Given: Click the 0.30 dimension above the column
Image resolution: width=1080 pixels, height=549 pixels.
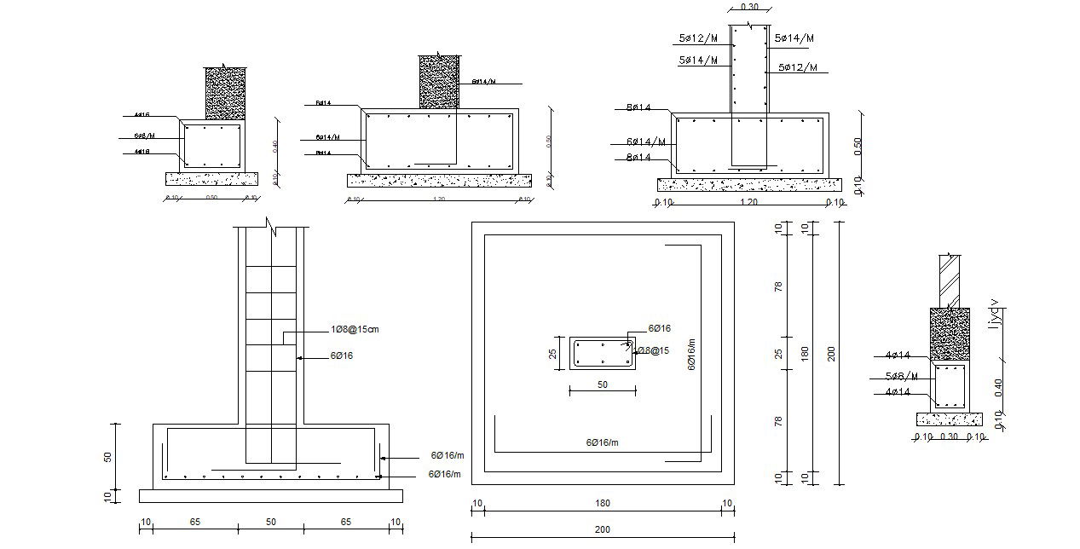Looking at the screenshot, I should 749,7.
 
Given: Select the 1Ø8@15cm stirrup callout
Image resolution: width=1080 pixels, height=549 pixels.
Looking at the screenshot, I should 355,329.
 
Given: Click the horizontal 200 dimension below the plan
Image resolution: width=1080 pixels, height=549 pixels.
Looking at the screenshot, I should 603,529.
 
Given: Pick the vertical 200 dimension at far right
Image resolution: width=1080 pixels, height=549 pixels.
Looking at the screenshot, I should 832,353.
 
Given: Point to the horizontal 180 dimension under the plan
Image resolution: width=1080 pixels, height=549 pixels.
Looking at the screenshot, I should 603,503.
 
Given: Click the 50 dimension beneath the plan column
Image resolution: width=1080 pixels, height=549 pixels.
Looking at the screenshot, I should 602,384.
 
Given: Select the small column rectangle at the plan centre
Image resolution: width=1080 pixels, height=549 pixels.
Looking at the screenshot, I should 602,354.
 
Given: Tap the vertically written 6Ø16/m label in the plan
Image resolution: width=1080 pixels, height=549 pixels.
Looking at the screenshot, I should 691,352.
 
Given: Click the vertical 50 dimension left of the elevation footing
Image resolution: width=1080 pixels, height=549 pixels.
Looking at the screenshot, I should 107,457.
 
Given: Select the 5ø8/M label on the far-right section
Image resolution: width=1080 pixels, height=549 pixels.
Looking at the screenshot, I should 902,376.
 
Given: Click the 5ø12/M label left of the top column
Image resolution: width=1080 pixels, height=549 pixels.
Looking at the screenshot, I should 696,38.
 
